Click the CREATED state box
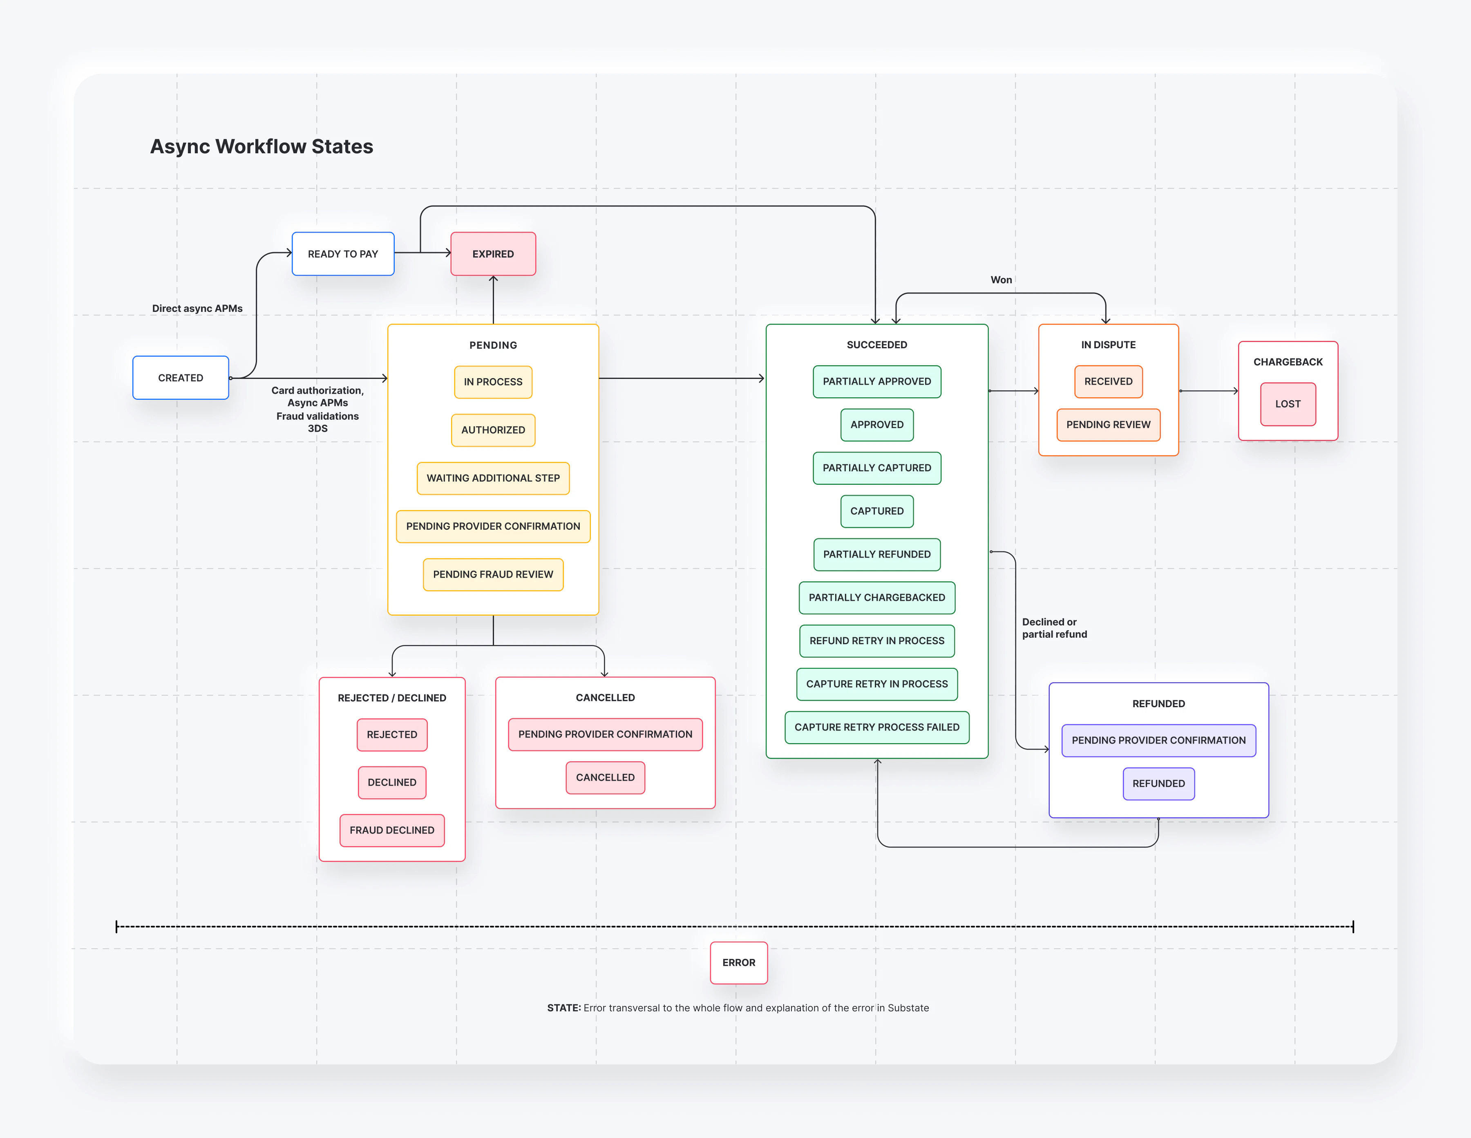point(181,378)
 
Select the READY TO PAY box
point(343,254)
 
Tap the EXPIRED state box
point(493,254)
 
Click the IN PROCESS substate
point(493,382)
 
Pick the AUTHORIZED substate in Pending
point(493,430)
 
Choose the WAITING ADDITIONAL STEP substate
point(493,478)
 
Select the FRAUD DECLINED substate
point(392,831)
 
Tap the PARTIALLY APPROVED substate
point(877,381)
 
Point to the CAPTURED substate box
point(877,511)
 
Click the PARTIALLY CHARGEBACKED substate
point(877,598)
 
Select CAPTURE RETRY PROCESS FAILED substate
point(877,728)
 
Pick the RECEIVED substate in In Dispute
point(1109,381)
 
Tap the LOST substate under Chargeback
point(1288,404)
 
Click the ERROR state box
point(739,963)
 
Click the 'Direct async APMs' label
point(197,309)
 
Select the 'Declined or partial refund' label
point(1054,628)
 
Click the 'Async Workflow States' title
point(262,147)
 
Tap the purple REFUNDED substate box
point(1158,784)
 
